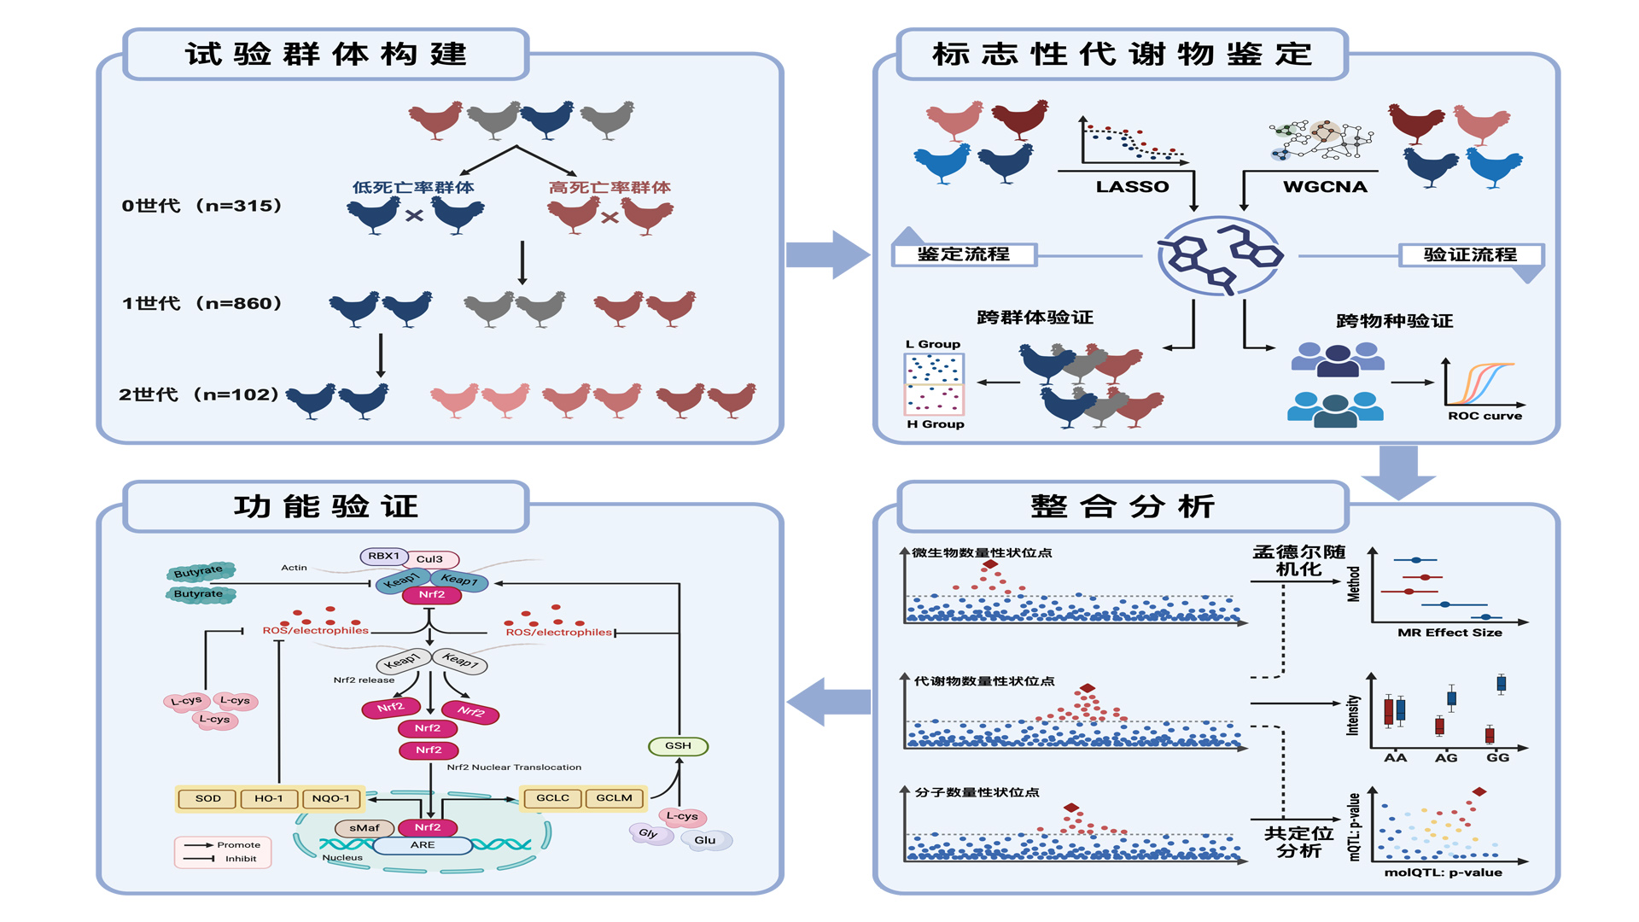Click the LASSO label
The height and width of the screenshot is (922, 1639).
tap(1132, 187)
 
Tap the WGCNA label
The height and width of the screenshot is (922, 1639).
tap(1325, 187)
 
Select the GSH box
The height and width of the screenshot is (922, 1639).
tap(679, 746)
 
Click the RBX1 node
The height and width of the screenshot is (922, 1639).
tap(384, 556)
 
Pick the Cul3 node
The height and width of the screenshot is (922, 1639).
tap(430, 559)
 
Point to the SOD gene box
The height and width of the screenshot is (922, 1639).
tap(208, 799)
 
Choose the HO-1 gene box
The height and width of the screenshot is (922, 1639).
tap(269, 799)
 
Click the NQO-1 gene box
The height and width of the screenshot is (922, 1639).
tap(331, 799)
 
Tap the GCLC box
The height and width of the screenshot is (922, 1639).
tap(552, 798)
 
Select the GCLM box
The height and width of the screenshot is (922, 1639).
tap(615, 798)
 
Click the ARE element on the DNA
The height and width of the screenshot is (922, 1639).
tap(423, 845)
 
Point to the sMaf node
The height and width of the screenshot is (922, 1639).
tap(365, 828)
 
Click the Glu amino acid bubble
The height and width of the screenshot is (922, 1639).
tap(705, 841)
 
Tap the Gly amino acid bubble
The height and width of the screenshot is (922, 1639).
tap(648, 833)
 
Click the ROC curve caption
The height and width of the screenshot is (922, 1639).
tap(1484, 417)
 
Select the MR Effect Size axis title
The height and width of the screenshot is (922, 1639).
tap(1449, 633)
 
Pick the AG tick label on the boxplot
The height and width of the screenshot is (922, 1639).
tap(1446, 758)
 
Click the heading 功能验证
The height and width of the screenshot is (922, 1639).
tap(326, 507)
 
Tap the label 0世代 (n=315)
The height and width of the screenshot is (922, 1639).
tap(202, 206)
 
